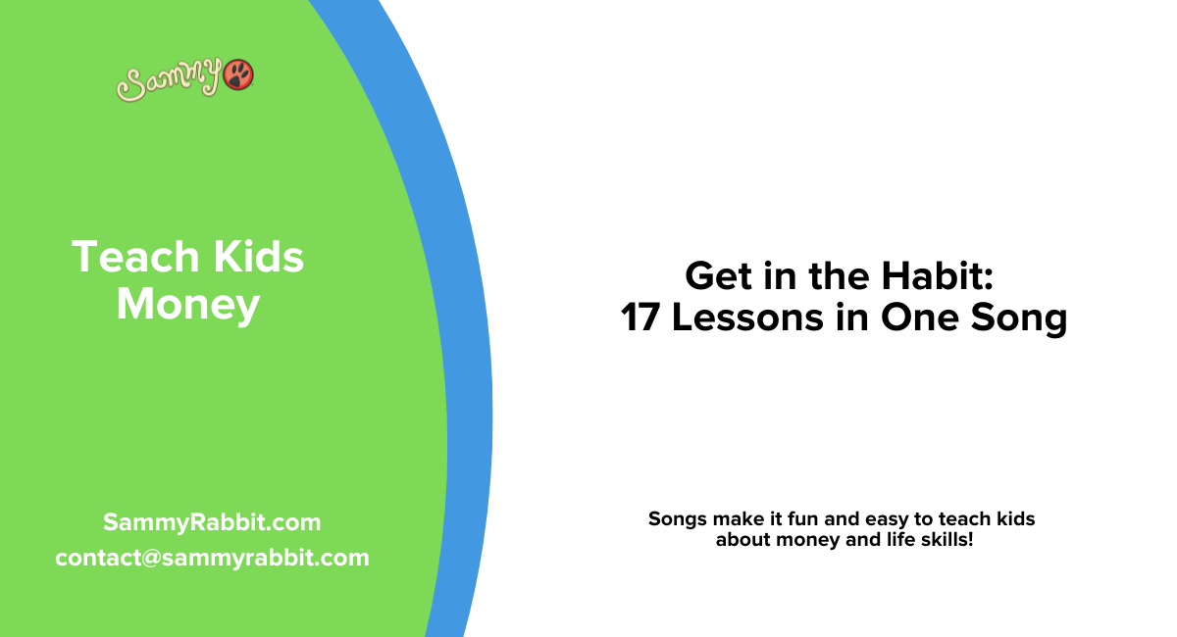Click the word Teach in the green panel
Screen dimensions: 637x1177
[x=122, y=258]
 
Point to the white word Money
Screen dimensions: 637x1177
[x=187, y=304]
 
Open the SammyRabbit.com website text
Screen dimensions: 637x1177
[x=212, y=522]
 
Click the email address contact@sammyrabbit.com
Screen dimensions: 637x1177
[x=212, y=558]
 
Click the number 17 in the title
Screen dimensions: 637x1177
[x=642, y=318]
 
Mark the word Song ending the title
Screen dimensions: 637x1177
[x=1021, y=318]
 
